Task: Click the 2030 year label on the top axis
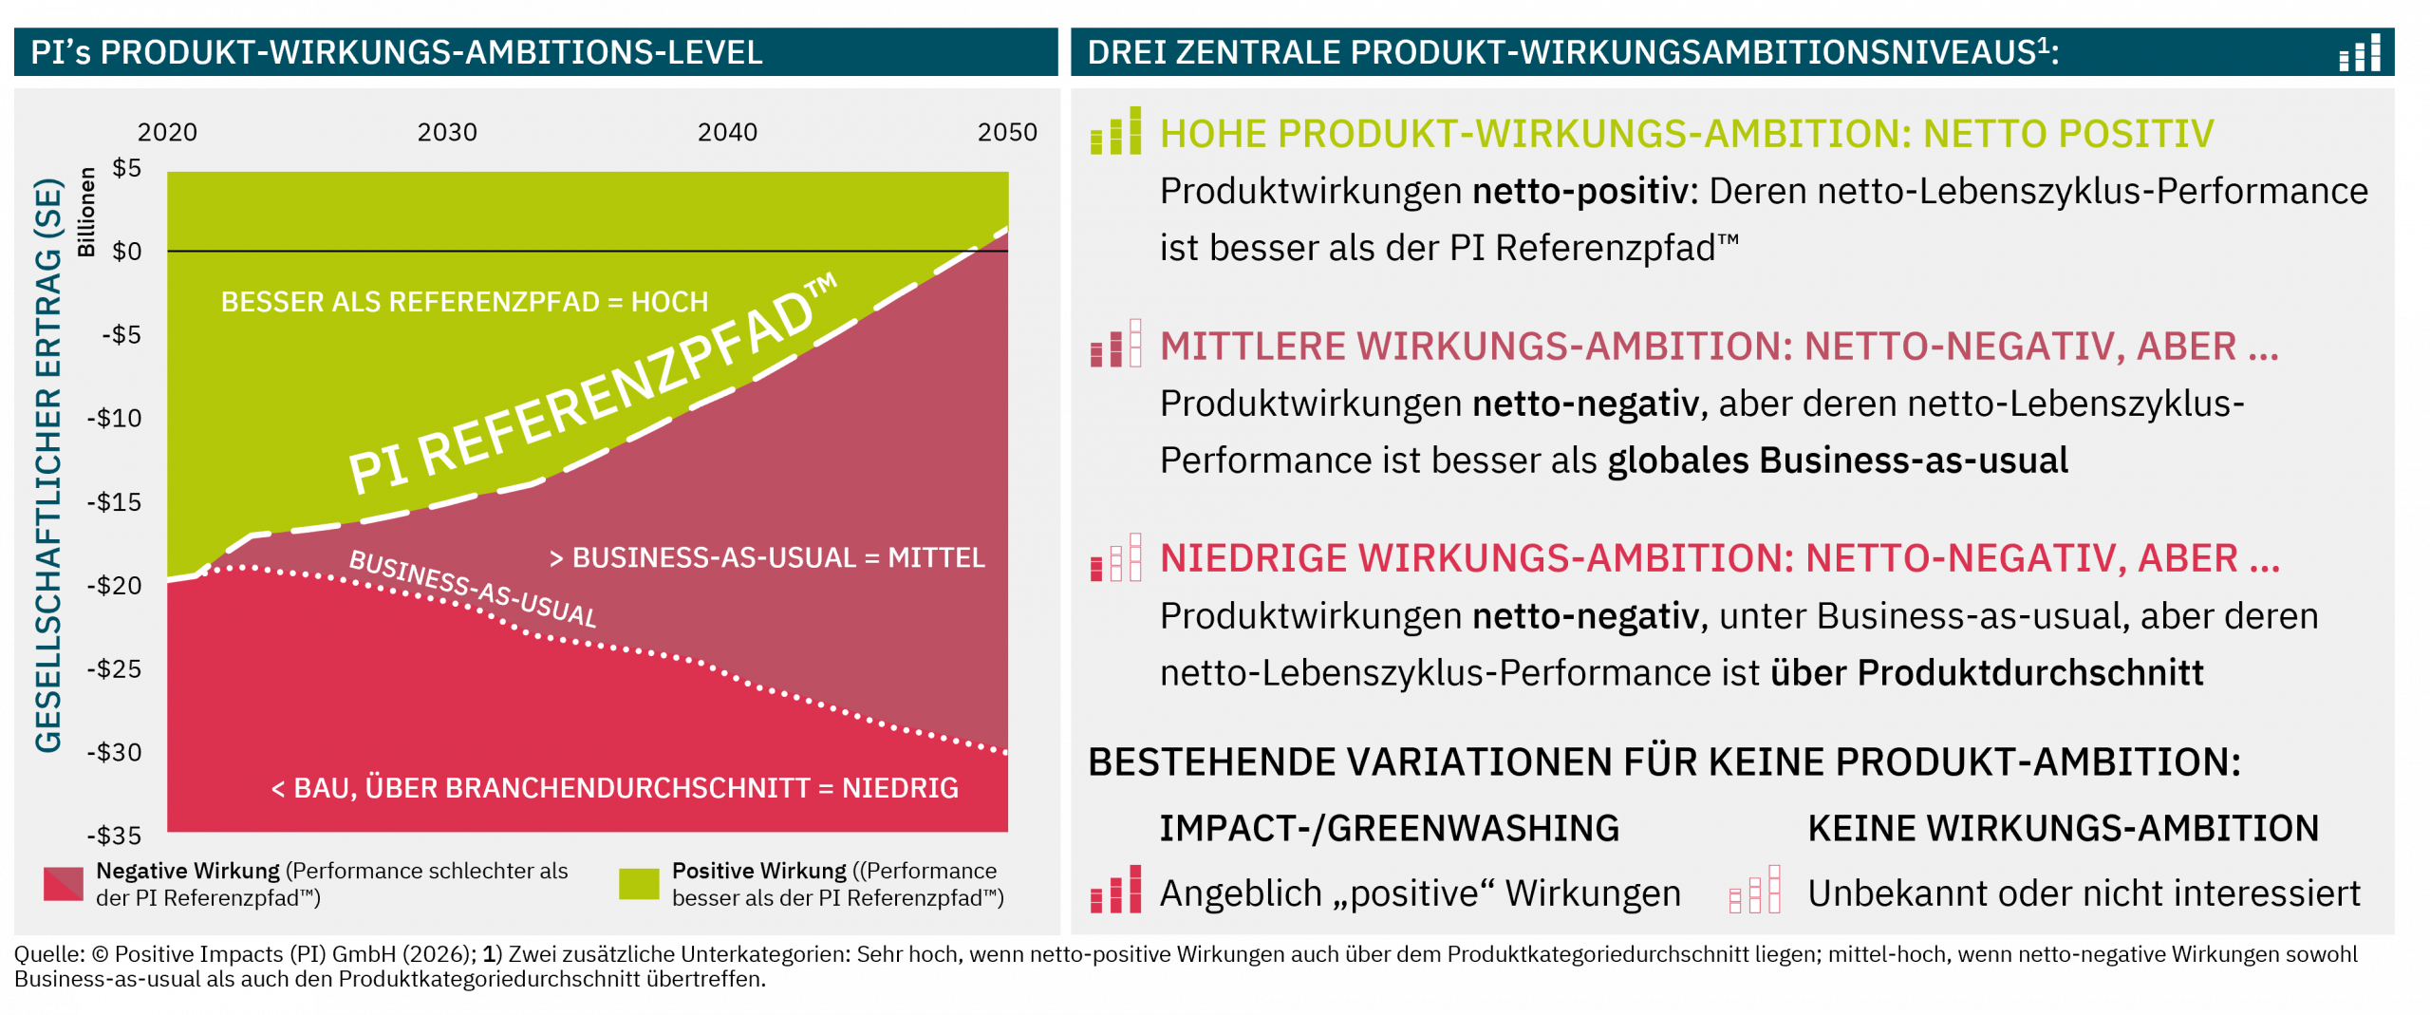(x=447, y=132)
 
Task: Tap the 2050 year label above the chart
(x=1007, y=132)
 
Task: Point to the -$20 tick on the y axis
(x=114, y=585)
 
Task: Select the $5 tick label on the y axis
(x=127, y=168)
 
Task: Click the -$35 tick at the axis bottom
(x=114, y=836)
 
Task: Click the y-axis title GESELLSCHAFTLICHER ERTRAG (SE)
(x=48, y=465)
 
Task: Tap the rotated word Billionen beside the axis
(x=86, y=212)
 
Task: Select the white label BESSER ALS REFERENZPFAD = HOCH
(x=464, y=302)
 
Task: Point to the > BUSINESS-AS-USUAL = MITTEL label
(x=767, y=557)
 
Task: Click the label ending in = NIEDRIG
(x=614, y=788)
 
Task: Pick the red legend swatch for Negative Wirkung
(x=64, y=884)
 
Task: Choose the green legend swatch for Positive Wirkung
(x=639, y=884)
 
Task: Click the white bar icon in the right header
(x=2360, y=53)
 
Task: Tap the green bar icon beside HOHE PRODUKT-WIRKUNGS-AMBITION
(x=1116, y=130)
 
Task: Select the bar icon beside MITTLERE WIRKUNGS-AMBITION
(x=1116, y=343)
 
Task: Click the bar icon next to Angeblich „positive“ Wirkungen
(x=1116, y=889)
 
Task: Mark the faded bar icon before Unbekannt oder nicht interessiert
(x=1755, y=889)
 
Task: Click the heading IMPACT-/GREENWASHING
(x=1390, y=829)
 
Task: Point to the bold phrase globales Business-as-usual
(x=1838, y=461)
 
